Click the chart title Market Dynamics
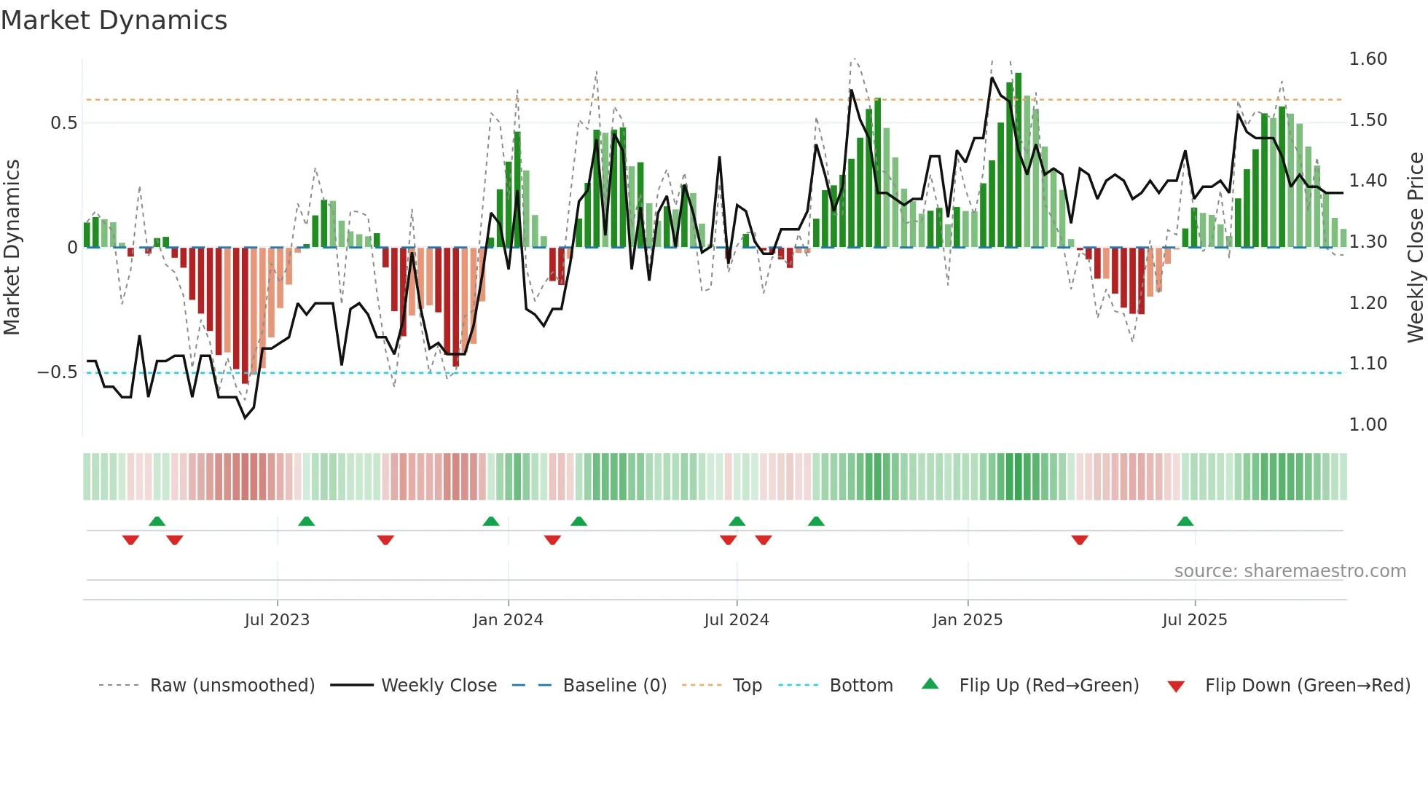tap(114, 20)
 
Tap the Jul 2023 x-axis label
tap(277, 620)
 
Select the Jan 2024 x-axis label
tap(508, 620)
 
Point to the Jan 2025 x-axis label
tap(968, 620)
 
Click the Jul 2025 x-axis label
tap(1195, 620)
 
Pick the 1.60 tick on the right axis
tap(1368, 59)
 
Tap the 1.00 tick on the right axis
tap(1368, 425)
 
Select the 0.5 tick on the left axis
tap(63, 123)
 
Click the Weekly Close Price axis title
tap(1415, 248)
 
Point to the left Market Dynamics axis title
tap(12, 248)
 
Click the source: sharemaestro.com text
tap(1290, 571)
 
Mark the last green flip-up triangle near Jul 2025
tap(1185, 522)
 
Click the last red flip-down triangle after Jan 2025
tap(1080, 540)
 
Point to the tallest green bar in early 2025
tap(1018, 160)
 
